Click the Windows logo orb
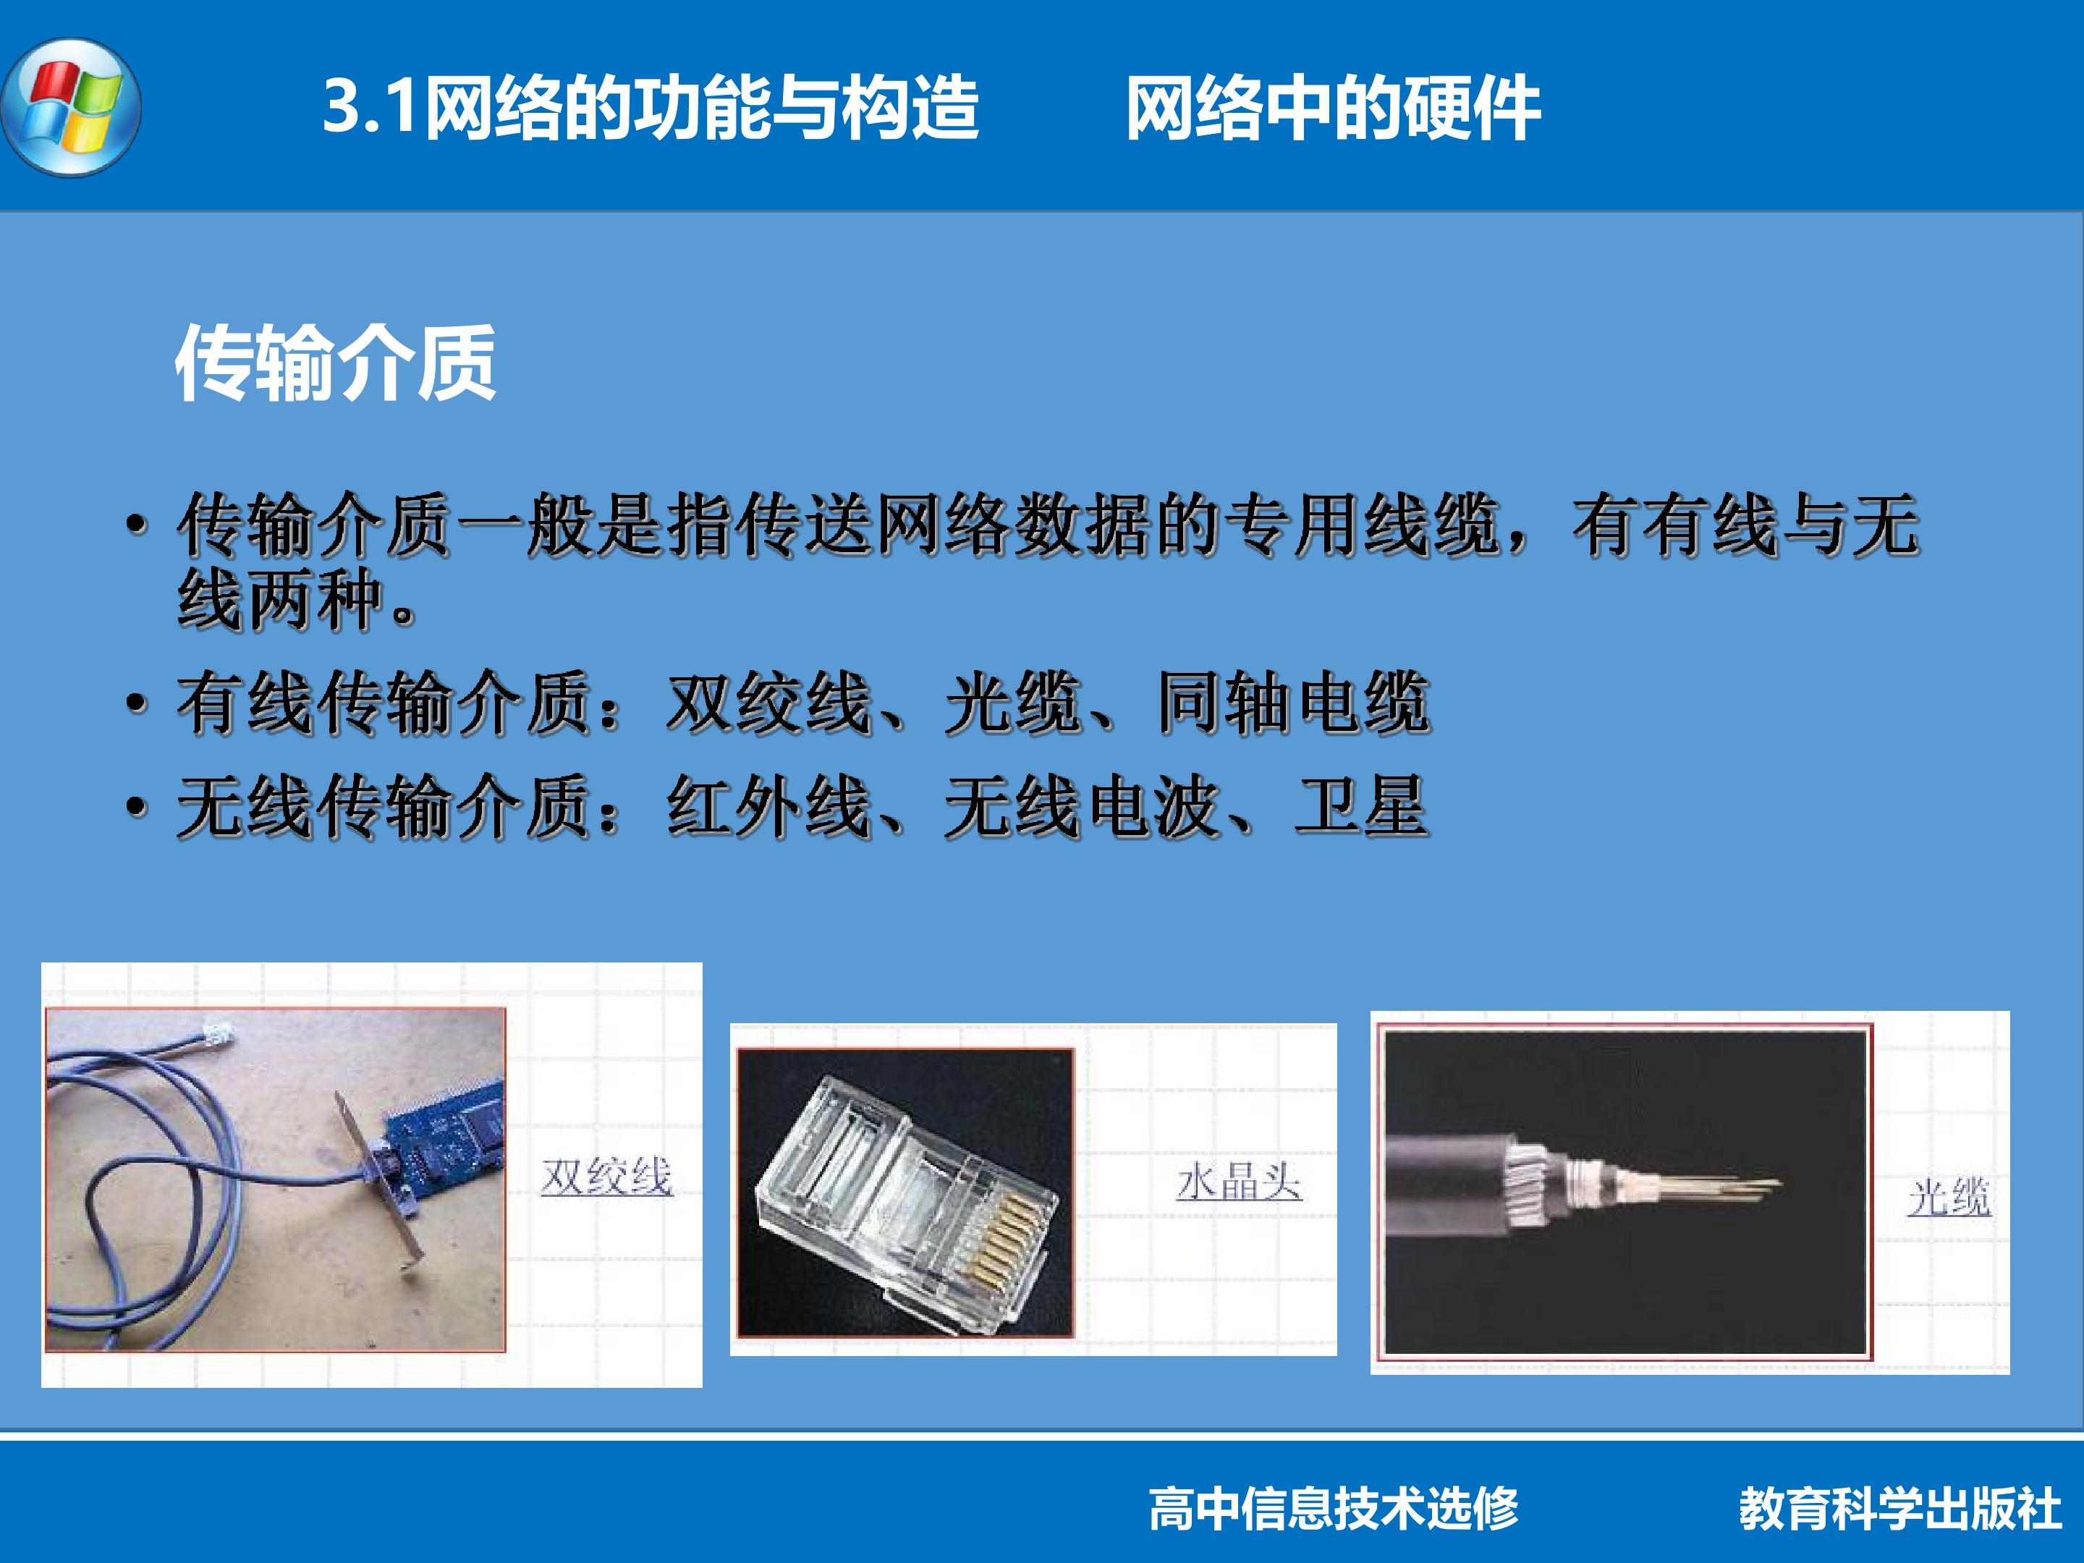(x=72, y=106)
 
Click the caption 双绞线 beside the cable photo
(x=606, y=1176)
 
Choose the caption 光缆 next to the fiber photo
(x=1949, y=1197)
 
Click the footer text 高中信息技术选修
(x=1333, y=1508)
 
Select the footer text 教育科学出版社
(x=1899, y=1508)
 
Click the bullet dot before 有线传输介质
(x=137, y=704)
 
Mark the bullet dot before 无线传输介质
(x=137, y=808)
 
